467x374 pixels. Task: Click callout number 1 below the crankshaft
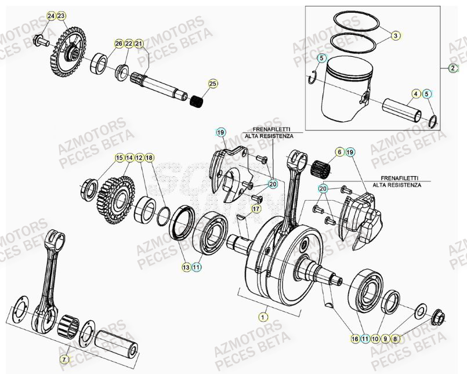(263, 317)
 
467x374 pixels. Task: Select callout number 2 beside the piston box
(452, 68)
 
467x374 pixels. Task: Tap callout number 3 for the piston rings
(395, 36)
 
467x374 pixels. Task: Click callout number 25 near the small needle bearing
(212, 84)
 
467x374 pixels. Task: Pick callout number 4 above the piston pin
(415, 93)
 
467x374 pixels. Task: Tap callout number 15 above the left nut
(119, 158)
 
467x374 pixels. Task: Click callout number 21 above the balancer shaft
(139, 43)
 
